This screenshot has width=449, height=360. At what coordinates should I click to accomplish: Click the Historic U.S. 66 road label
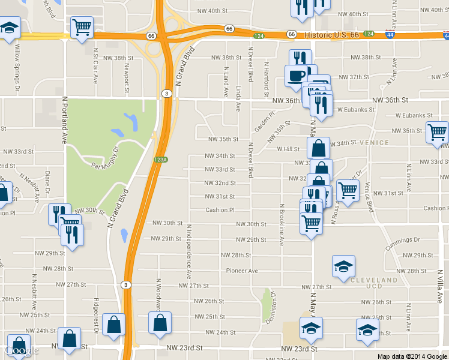tap(331, 35)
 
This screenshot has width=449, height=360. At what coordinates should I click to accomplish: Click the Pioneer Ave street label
tap(241, 271)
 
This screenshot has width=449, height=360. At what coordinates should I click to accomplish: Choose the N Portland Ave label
tap(64, 121)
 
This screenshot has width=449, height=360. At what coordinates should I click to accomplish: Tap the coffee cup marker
tap(295, 76)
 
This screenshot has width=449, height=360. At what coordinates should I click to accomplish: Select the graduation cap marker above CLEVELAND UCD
tap(343, 266)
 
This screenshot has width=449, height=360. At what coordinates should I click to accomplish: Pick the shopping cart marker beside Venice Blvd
tap(348, 190)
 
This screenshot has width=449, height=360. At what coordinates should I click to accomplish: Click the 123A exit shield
tap(160, 160)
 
